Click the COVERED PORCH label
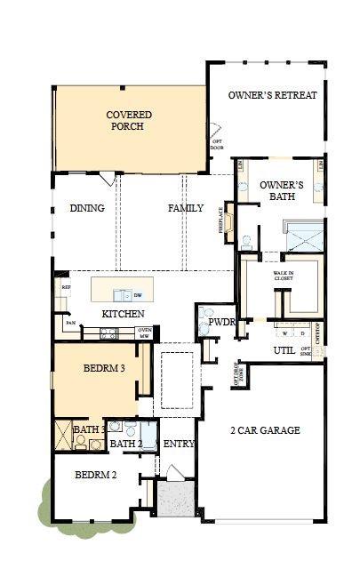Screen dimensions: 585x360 click(x=129, y=121)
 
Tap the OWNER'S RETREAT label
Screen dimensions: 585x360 click(x=272, y=95)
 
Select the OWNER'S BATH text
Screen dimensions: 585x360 click(x=282, y=191)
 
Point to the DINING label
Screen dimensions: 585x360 click(x=87, y=209)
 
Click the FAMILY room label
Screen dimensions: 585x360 click(x=186, y=209)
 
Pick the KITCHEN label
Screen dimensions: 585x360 click(x=123, y=315)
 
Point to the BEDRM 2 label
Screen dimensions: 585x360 click(x=95, y=474)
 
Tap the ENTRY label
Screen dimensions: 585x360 click(x=179, y=445)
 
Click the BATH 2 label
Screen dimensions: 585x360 click(x=127, y=444)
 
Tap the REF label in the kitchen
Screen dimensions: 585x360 click(x=65, y=288)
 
